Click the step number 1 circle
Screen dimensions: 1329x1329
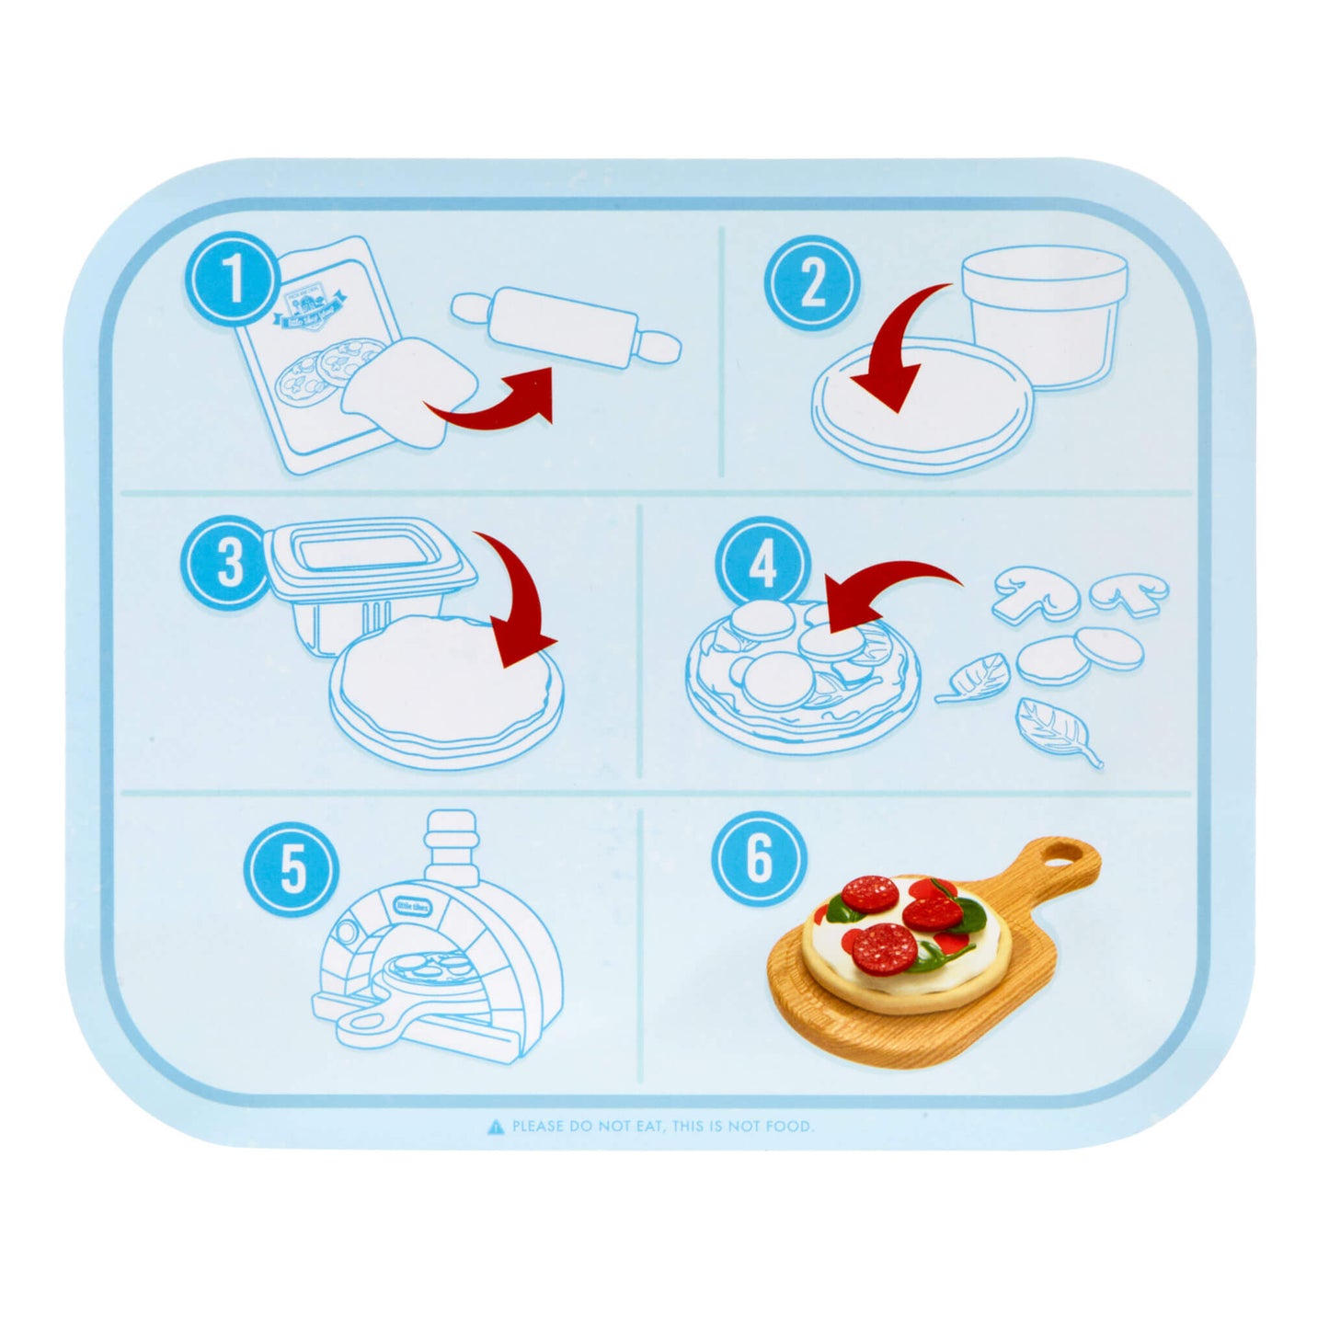coord(235,279)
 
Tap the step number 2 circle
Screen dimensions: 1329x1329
coord(812,281)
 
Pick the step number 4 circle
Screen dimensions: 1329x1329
coord(762,564)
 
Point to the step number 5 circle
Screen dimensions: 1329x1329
coord(292,869)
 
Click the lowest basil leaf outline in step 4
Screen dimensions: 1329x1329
coord(1058,731)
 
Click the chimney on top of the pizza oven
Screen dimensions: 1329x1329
coord(451,833)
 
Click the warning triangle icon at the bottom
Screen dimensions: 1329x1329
coord(496,1126)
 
